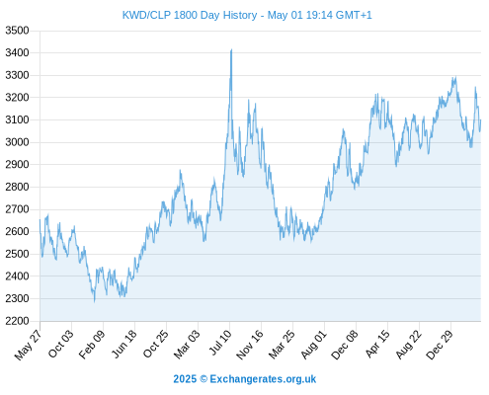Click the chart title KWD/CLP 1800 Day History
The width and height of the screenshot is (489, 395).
[x=190, y=15]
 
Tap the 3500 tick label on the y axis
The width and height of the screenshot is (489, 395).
[x=17, y=31]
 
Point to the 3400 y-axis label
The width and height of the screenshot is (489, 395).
[x=17, y=52]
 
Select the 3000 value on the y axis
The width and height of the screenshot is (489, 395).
[x=17, y=142]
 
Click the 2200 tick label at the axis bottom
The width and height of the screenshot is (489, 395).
[x=17, y=321]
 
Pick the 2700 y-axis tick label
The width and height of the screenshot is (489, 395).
[x=17, y=209]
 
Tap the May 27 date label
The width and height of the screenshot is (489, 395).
[x=29, y=345]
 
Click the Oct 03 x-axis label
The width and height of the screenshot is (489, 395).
[x=60, y=345]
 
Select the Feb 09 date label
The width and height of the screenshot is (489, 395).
[x=92, y=345]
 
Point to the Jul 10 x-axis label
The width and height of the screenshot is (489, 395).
[x=220, y=343]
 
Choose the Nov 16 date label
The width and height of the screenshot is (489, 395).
[x=250, y=345]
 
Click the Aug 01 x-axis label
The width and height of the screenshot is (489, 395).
[x=314, y=345]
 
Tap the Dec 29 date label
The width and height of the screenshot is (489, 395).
[x=440, y=345]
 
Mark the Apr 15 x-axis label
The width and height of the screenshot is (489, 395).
[x=377, y=344]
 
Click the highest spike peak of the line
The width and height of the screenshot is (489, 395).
[x=231, y=49]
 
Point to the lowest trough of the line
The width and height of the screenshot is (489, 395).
[x=95, y=301]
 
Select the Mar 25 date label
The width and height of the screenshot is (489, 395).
[x=282, y=345]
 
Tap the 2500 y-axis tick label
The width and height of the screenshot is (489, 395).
[x=17, y=254]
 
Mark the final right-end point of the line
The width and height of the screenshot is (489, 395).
[x=481, y=120]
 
